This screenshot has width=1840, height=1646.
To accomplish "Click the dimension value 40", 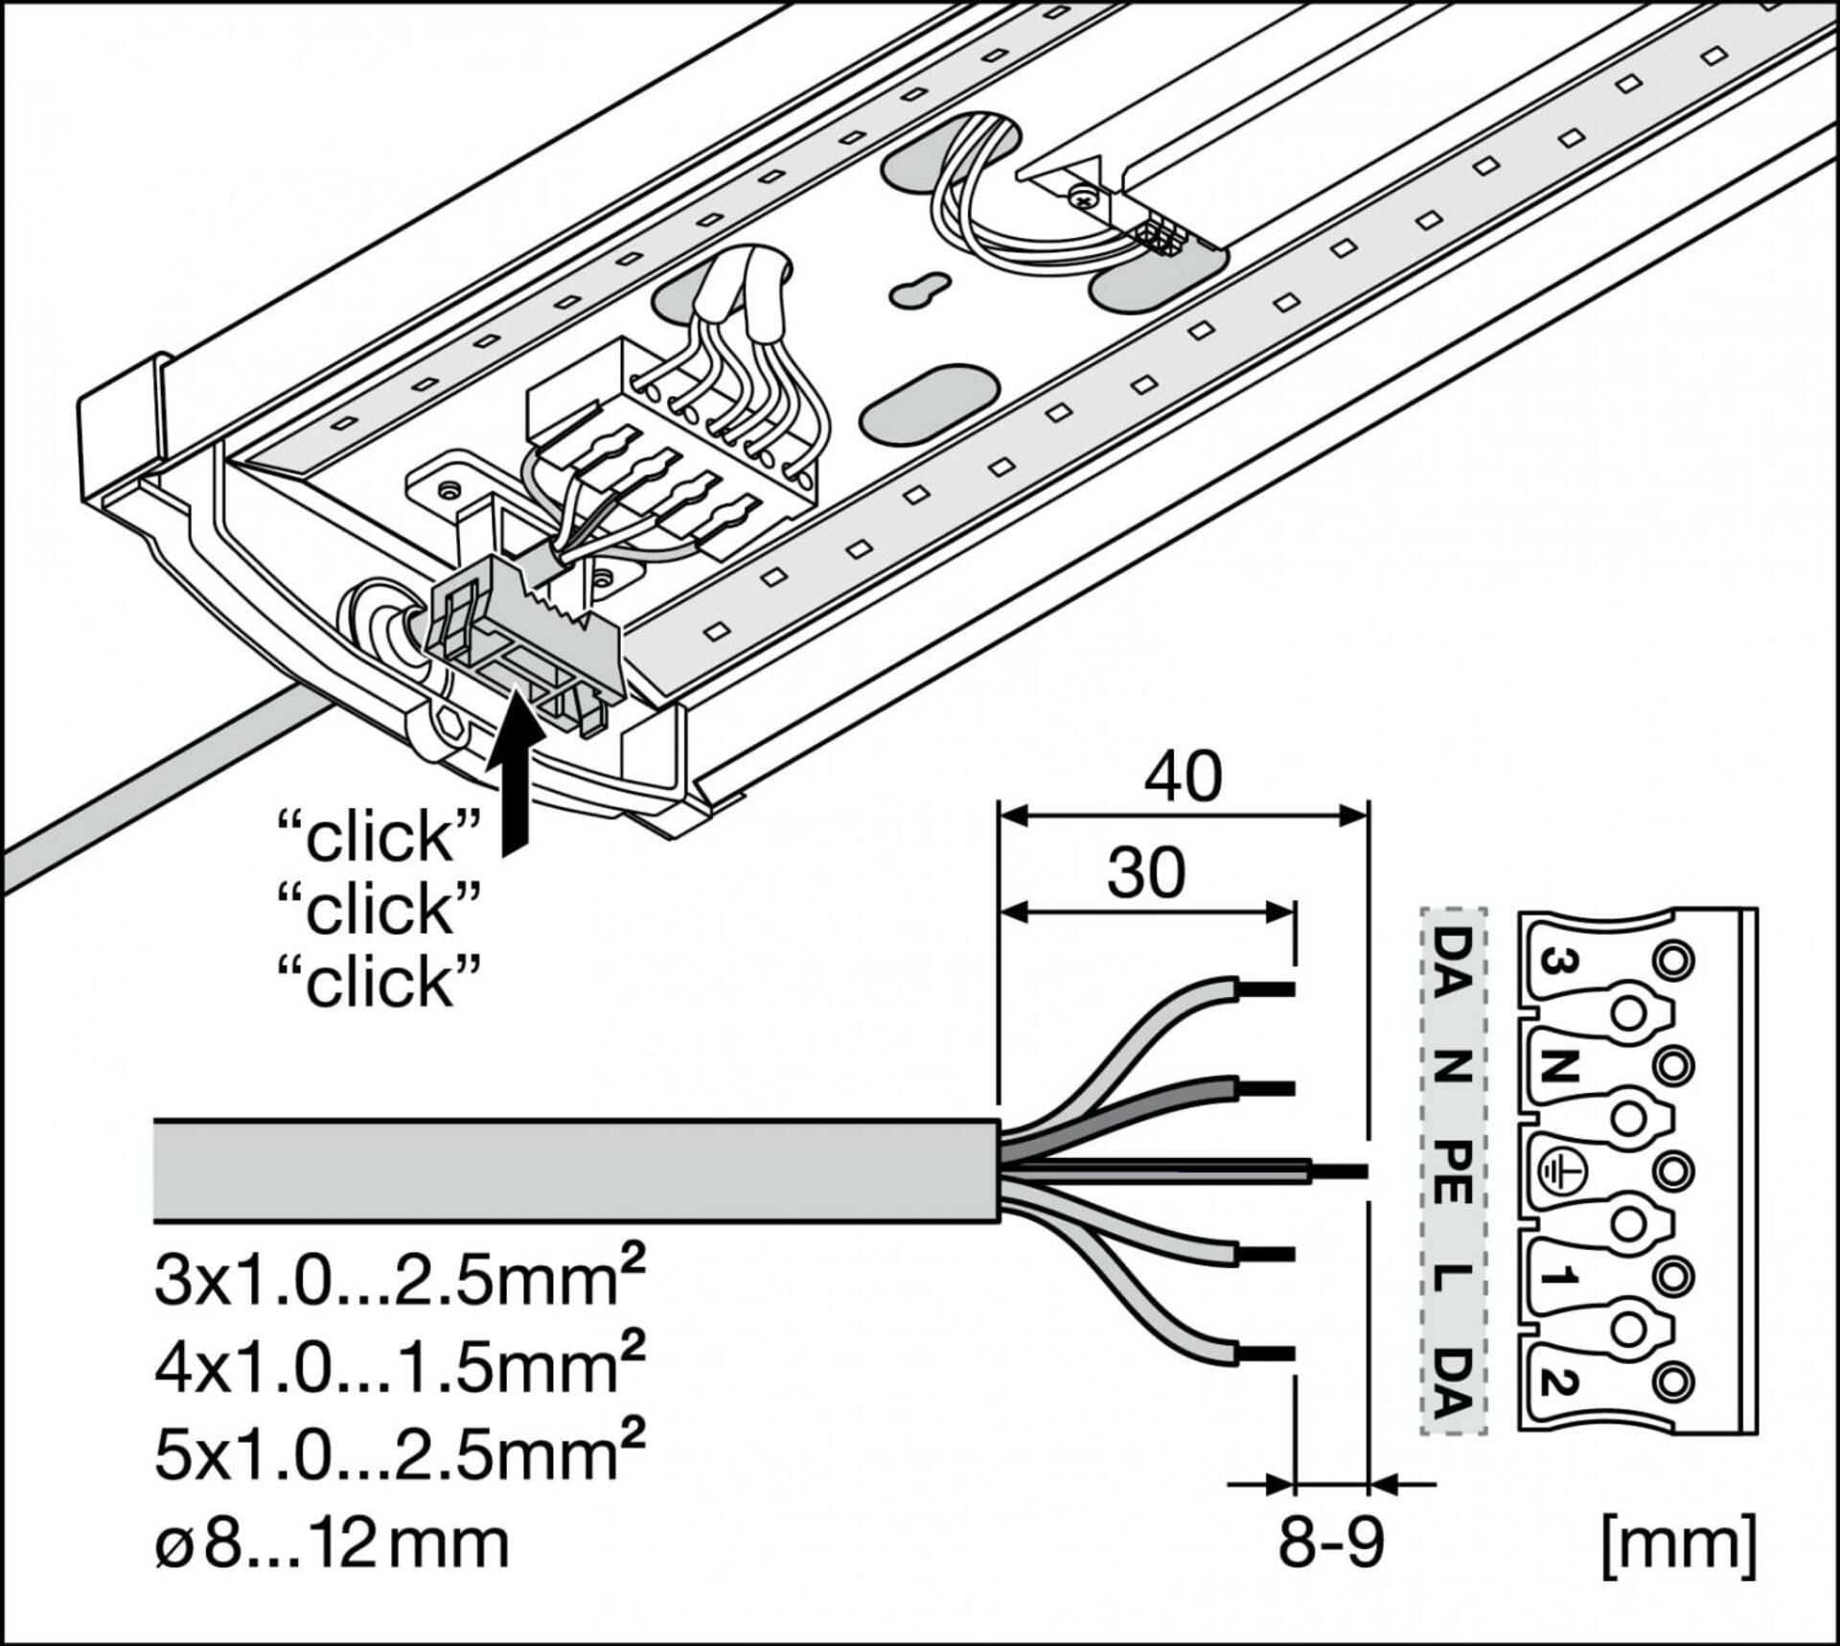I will click(x=1183, y=777).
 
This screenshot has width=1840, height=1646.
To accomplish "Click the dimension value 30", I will click(x=1146, y=873).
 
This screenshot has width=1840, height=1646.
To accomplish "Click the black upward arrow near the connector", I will click(x=517, y=780).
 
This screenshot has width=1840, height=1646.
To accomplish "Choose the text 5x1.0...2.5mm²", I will click(x=399, y=1454).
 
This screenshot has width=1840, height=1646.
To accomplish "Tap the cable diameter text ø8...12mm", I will click(x=332, y=1543).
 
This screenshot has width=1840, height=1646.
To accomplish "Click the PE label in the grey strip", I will click(x=1453, y=1173).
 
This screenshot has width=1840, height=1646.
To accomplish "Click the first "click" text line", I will click(x=378, y=837).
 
